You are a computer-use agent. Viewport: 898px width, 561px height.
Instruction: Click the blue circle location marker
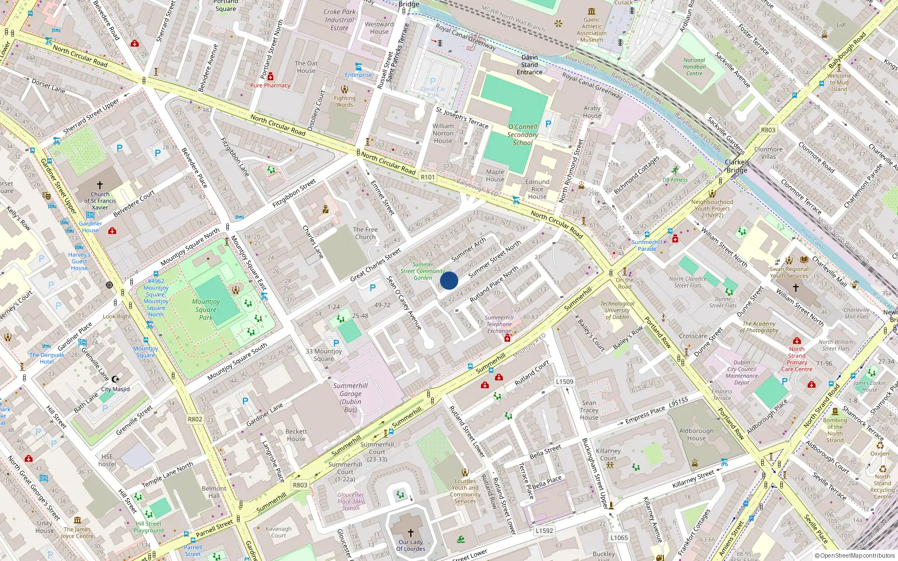pos(449,280)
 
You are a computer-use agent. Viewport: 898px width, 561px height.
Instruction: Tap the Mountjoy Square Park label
pos(206,310)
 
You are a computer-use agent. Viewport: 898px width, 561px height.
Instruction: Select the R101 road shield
pos(428,177)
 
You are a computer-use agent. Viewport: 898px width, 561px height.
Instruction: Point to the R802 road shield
pos(195,419)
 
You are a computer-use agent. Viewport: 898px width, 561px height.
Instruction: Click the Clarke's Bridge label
pos(737,166)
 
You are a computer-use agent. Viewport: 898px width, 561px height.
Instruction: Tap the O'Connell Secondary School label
pos(523,135)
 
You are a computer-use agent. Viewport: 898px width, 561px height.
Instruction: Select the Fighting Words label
pos(345,101)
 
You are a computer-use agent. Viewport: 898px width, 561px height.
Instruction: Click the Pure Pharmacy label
pos(270,85)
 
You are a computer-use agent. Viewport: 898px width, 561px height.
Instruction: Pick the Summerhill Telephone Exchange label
pos(499,324)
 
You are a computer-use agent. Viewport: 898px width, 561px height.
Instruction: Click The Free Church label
pos(365,233)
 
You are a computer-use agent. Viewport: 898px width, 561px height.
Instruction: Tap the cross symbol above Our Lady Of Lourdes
pos(411,532)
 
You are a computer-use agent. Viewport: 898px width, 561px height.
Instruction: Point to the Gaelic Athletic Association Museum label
pos(592,30)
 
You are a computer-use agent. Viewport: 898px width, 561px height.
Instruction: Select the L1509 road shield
pos(565,381)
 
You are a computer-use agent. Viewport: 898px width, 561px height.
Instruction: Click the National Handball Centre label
pos(694,67)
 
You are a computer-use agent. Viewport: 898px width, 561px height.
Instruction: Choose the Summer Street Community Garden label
pos(423,271)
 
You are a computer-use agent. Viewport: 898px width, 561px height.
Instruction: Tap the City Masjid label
pos(115,389)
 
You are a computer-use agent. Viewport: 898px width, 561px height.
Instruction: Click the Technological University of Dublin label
pos(617,310)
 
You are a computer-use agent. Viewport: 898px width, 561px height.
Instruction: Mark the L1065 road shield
pos(619,537)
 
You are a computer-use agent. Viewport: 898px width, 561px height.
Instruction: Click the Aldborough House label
pos(697,434)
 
